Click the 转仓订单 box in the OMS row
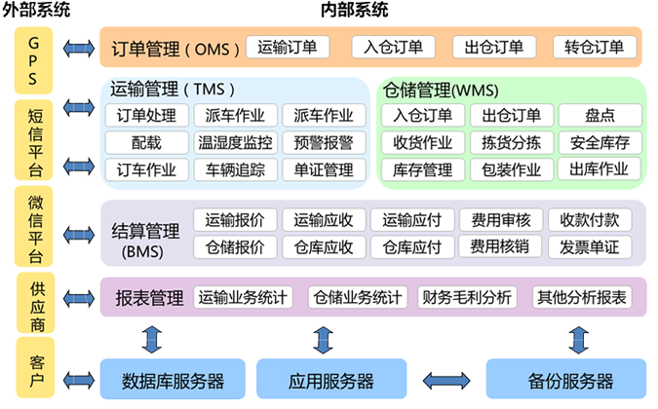594,47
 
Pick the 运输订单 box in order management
288,47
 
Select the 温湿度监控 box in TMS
235,142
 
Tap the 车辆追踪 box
235,169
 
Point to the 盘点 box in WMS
600,116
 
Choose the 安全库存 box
600,142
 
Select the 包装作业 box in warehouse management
512,169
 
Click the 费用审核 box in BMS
500,219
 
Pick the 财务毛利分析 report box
465,296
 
